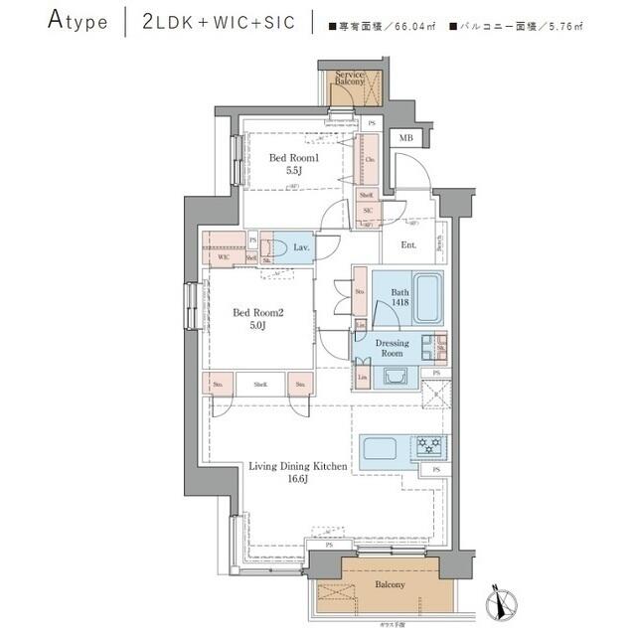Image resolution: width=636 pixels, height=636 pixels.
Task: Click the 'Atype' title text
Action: tap(77, 22)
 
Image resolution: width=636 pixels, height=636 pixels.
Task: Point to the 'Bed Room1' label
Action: tap(294, 158)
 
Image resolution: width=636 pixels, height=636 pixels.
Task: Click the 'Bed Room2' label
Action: tap(258, 313)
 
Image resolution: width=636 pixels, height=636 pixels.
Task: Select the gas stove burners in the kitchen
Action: tap(430, 444)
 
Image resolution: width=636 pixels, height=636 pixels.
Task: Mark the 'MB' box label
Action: tap(405, 138)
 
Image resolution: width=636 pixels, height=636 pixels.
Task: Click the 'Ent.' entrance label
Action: tap(408, 244)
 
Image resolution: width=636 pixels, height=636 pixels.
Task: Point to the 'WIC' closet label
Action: tap(224, 256)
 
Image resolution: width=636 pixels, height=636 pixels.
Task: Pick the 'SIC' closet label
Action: tap(367, 212)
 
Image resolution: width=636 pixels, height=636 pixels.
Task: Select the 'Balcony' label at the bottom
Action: tap(390, 585)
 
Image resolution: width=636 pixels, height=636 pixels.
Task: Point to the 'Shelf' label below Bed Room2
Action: tap(259, 384)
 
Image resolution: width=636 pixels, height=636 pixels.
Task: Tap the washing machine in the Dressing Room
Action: tap(393, 376)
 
